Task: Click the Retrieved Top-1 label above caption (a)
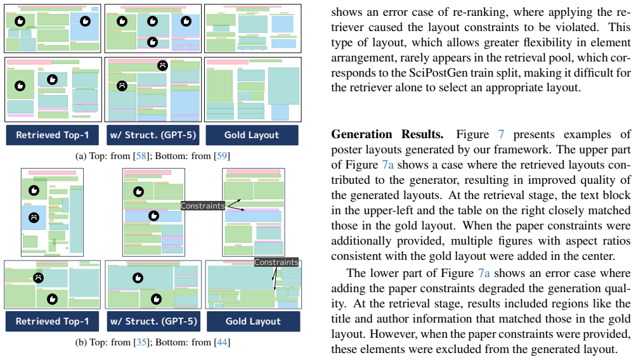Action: pyautogui.click(x=53, y=135)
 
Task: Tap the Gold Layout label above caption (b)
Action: pyautogui.click(x=254, y=321)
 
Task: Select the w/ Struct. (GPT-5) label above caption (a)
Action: pyautogui.click(x=153, y=135)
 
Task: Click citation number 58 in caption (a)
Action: pyautogui.click(x=141, y=156)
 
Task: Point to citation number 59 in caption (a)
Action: pyautogui.click(x=221, y=156)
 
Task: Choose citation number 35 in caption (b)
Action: pyautogui.click(x=141, y=342)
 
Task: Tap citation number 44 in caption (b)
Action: pyautogui.click(x=222, y=342)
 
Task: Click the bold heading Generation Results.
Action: pyautogui.click(x=387, y=134)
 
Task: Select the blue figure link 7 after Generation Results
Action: pyautogui.click(x=502, y=134)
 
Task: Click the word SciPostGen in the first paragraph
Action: pyautogui.click(x=433, y=73)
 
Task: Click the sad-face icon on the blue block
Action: pyautogui.click(x=34, y=217)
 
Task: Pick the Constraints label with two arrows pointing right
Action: pyautogui.click(x=202, y=205)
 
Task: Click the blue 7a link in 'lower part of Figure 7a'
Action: pyautogui.click(x=484, y=273)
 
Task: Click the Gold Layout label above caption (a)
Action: pyautogui.click(x=252, y=135)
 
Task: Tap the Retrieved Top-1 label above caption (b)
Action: pyautogui.click(x=52, y=321)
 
